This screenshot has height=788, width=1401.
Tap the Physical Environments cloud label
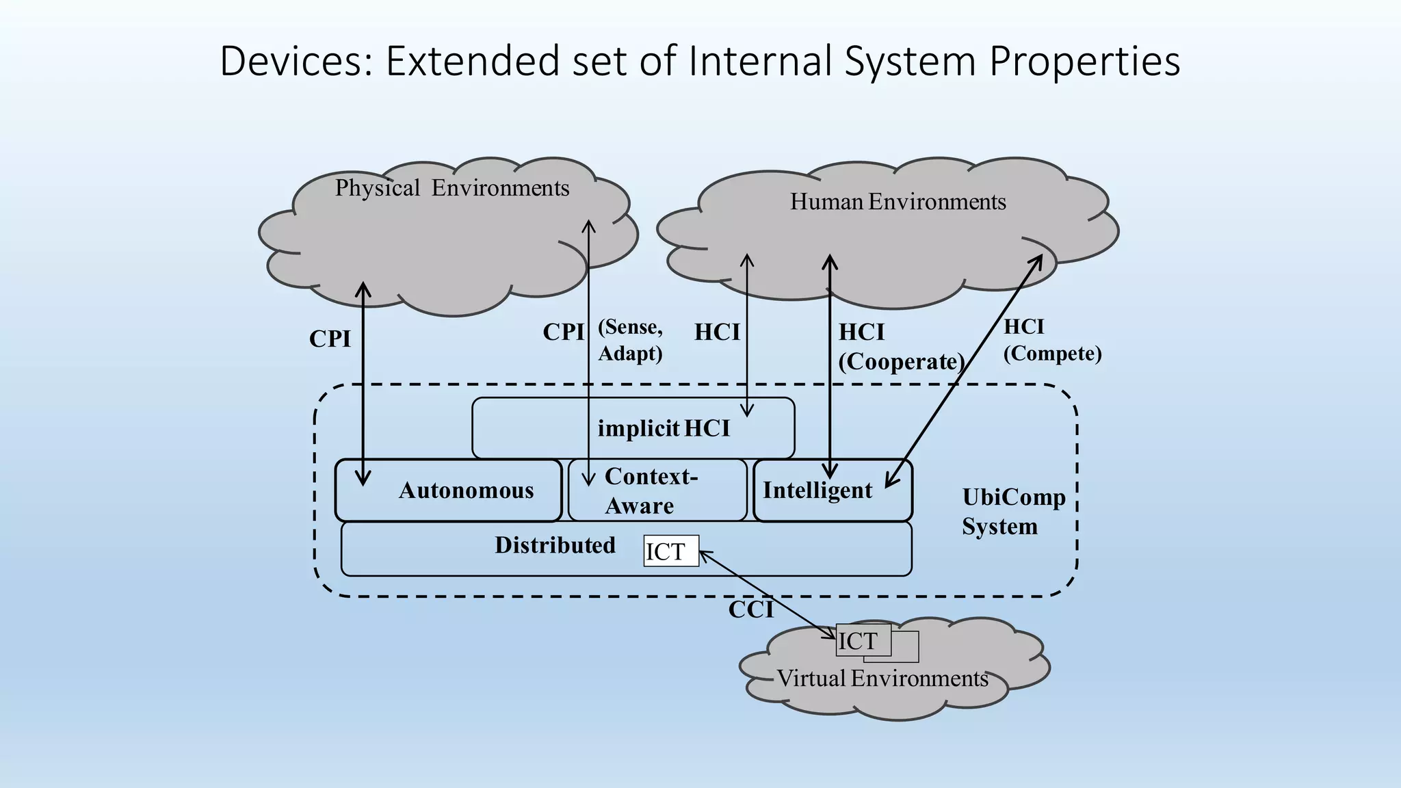tap(452, 188)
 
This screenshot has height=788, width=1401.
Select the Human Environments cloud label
tap(898, 202)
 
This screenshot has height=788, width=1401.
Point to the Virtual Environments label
tap(882, 679)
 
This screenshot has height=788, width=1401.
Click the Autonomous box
tap(449, 490)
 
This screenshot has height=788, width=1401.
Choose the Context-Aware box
tap(657, 490)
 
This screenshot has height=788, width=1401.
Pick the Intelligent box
tap(833, 490)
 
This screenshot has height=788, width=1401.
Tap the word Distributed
tap(555, 545)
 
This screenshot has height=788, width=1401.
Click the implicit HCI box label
tap(664, 428)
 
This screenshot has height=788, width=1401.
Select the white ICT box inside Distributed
tap(671, 551)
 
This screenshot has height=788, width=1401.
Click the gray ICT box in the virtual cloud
tap(863, 640)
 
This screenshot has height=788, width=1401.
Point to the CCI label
tap(750, 609)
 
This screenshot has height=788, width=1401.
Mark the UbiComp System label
tap(1014, 512)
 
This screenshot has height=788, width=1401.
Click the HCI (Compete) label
tap(1052, 340)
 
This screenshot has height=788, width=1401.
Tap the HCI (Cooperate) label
tap(902, 347)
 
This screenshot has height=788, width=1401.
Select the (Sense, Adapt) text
tap(631, 340)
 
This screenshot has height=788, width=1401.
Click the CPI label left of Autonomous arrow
tap(330, 339)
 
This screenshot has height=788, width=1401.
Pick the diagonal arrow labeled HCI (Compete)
tap(964, 371)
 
